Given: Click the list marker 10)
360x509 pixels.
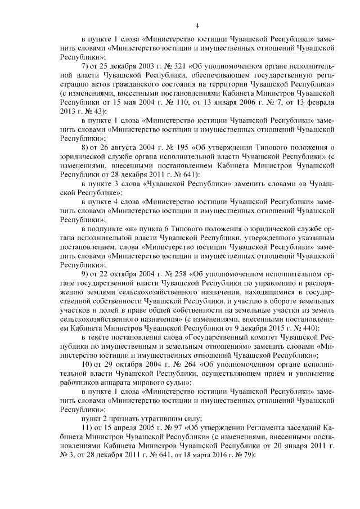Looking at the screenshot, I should pos(88,364).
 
